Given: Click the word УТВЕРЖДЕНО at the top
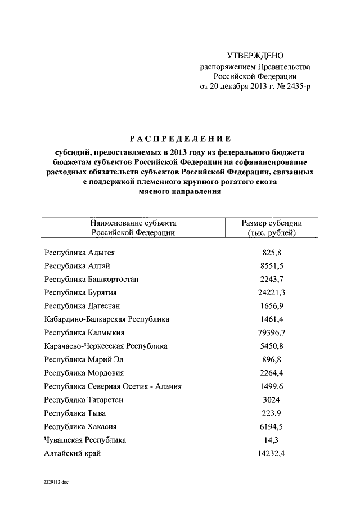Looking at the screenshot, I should (x=255, y=56).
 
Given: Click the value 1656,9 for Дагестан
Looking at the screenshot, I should (x=272, y=306).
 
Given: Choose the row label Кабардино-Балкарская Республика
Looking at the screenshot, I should (x=107, y=319).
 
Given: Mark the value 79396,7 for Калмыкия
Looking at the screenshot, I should (x=272, y=333).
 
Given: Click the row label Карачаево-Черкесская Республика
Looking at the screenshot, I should (x=106, y=346).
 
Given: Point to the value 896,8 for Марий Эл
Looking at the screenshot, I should (x=272, y=359).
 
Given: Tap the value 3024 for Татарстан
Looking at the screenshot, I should (x=272, y=400).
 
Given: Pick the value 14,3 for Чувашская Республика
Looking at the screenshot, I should (x=272, y=440).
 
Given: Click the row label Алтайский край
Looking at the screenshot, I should (x=73, y=453).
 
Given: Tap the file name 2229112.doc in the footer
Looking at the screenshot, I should (x=56, y=483).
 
